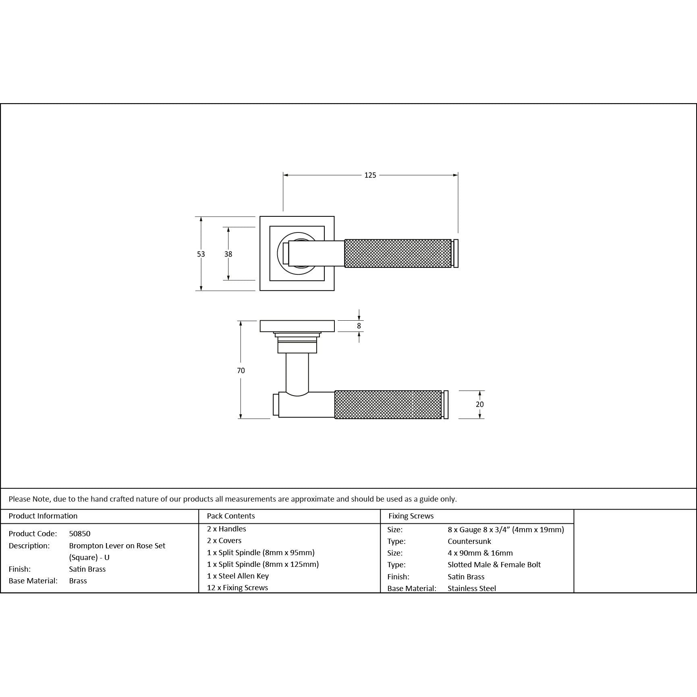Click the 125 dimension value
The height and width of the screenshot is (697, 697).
(x=370, y=175)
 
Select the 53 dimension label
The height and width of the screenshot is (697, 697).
(x=201, y=254)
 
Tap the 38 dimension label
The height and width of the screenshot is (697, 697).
(x=228, y=254)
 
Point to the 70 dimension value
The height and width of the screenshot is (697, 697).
(x=241, y=371)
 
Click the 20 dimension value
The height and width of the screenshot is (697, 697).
(x=479, y=405)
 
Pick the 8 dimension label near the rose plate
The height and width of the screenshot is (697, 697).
(x=359, y=326)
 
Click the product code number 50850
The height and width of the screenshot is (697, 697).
(x=80, y=534)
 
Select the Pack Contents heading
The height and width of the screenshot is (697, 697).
(x=231, y=516)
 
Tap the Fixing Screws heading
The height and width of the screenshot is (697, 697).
(x=411, y=516)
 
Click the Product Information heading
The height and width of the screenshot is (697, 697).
(x=43, y=516)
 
